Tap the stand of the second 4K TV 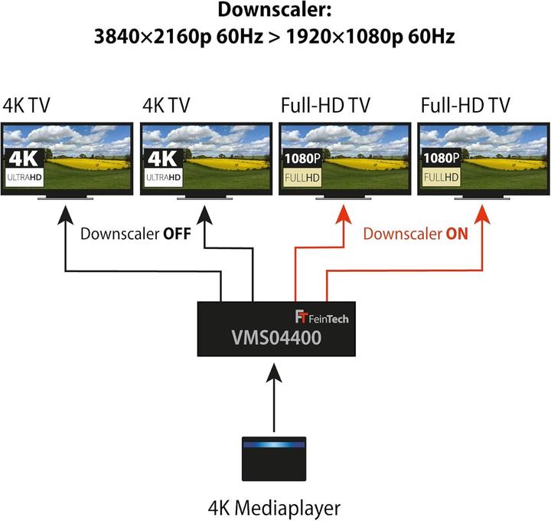(x=205, y=198)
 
